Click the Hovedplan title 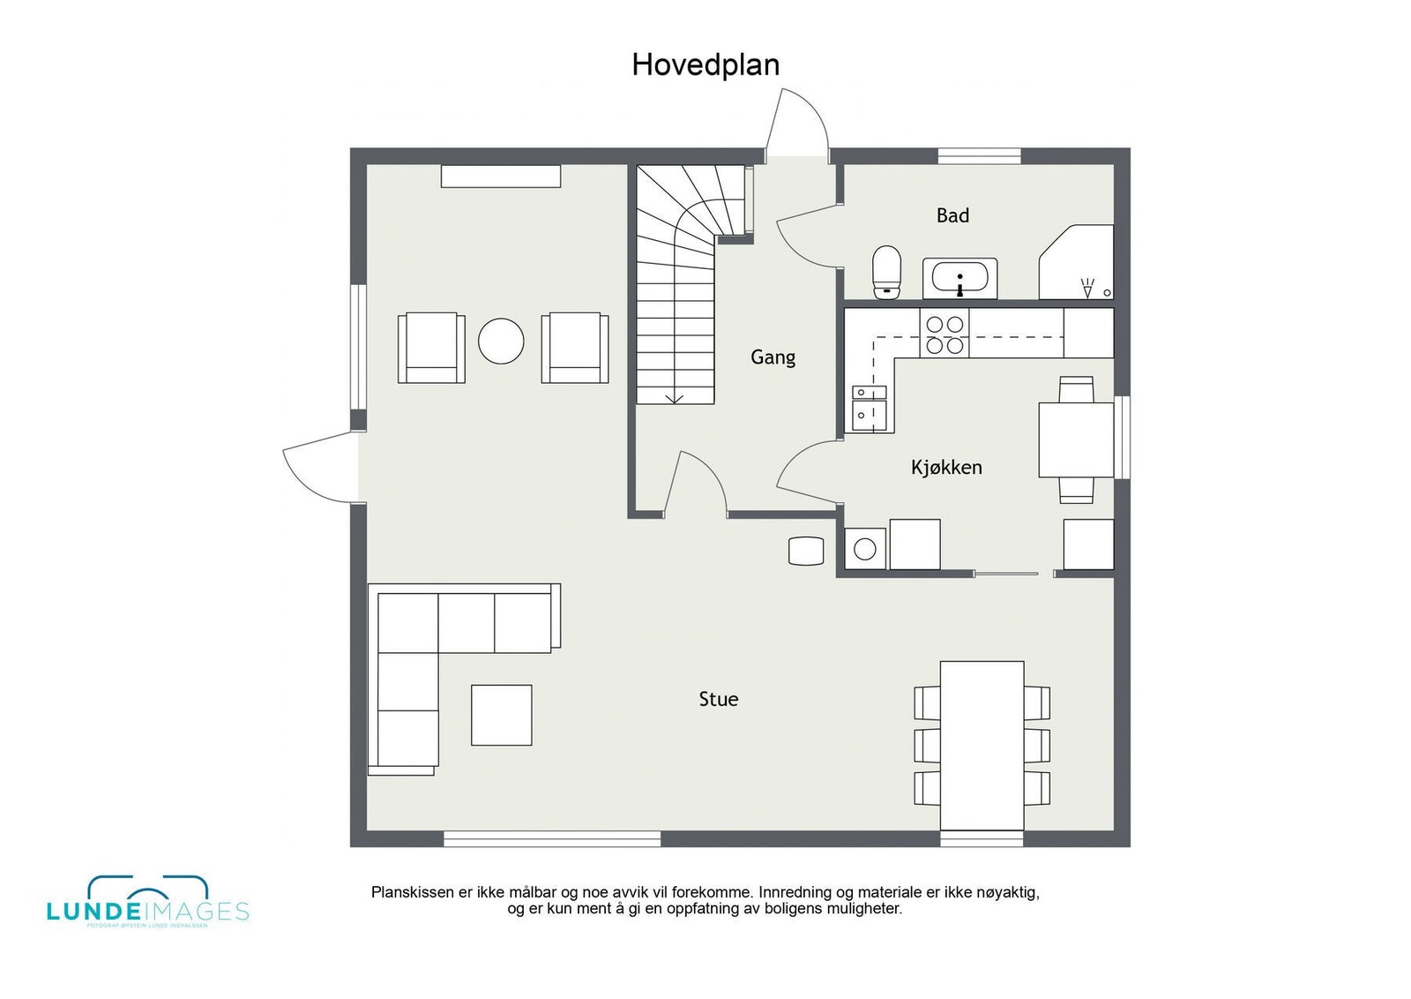(x=705, y=65)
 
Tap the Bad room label (x=952, y=215)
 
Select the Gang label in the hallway (x=773, y=357)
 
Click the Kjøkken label (x=946, y=468)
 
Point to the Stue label (x=718, y=699)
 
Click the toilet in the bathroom (x=886, y=271)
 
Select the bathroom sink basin (x=959, y=279)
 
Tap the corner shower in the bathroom (x=1078, y=262)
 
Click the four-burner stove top (x=944, y=334)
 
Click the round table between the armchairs (x=501, y=341)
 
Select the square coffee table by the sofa (x=501, y=715)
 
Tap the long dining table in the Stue (x=982, y=746)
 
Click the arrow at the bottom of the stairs (x=675, y=398)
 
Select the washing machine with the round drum (x=865, y=549)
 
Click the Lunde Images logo (x=147, y=902)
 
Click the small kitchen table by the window (x=1076, y=439)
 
